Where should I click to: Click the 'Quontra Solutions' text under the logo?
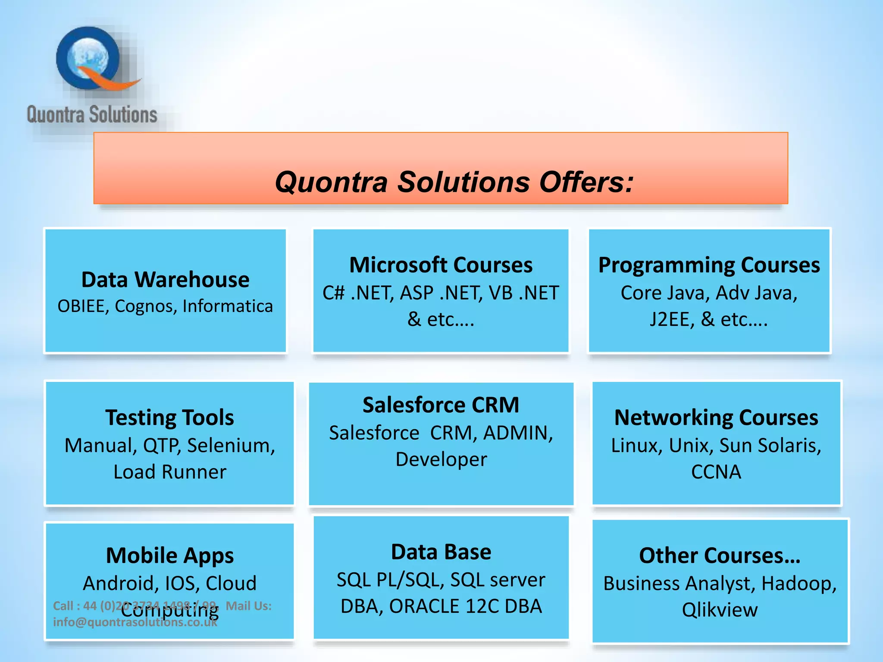[92, 115]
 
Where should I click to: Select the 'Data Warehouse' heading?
[165, 280]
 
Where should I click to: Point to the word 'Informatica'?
[228, 306]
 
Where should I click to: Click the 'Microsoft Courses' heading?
[441, 265]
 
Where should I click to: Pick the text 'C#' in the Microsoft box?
[333, 293]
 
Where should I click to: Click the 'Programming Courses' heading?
[709, 265]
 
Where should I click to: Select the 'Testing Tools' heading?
[169, 418]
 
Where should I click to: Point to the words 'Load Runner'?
[169, 472]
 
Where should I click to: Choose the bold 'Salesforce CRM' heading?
[441, 405]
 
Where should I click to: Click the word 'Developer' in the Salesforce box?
[441, 459]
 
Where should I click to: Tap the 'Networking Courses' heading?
[716, 418]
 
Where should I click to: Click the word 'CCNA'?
[716, 472]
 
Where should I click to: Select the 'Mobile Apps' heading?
[169, 556]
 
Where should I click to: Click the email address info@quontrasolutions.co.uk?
[135, 622]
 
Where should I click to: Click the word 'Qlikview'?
[719, 610]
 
